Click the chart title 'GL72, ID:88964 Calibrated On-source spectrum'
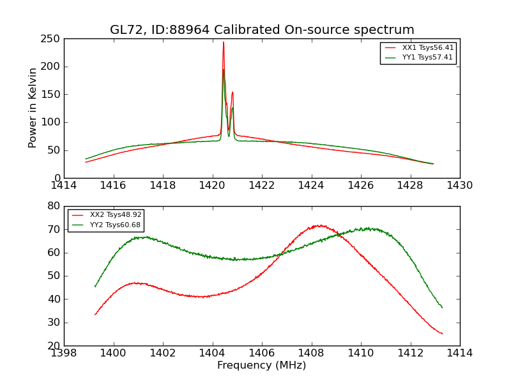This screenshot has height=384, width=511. click(262, 30)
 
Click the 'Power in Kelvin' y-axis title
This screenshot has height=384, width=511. click(33, 108)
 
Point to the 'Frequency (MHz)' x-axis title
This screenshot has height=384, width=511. click(262, 365)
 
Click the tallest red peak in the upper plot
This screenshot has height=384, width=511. click(224, 42)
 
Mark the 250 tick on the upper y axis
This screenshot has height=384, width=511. click(53, 39)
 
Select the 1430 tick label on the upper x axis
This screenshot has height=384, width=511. click(460, 185)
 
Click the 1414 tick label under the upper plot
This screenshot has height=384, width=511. click(64, 185)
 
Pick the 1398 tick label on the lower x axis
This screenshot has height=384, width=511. click(64, 353)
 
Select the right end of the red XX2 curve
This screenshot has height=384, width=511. click(442, 333)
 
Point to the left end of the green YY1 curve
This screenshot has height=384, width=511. click(86, 159)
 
